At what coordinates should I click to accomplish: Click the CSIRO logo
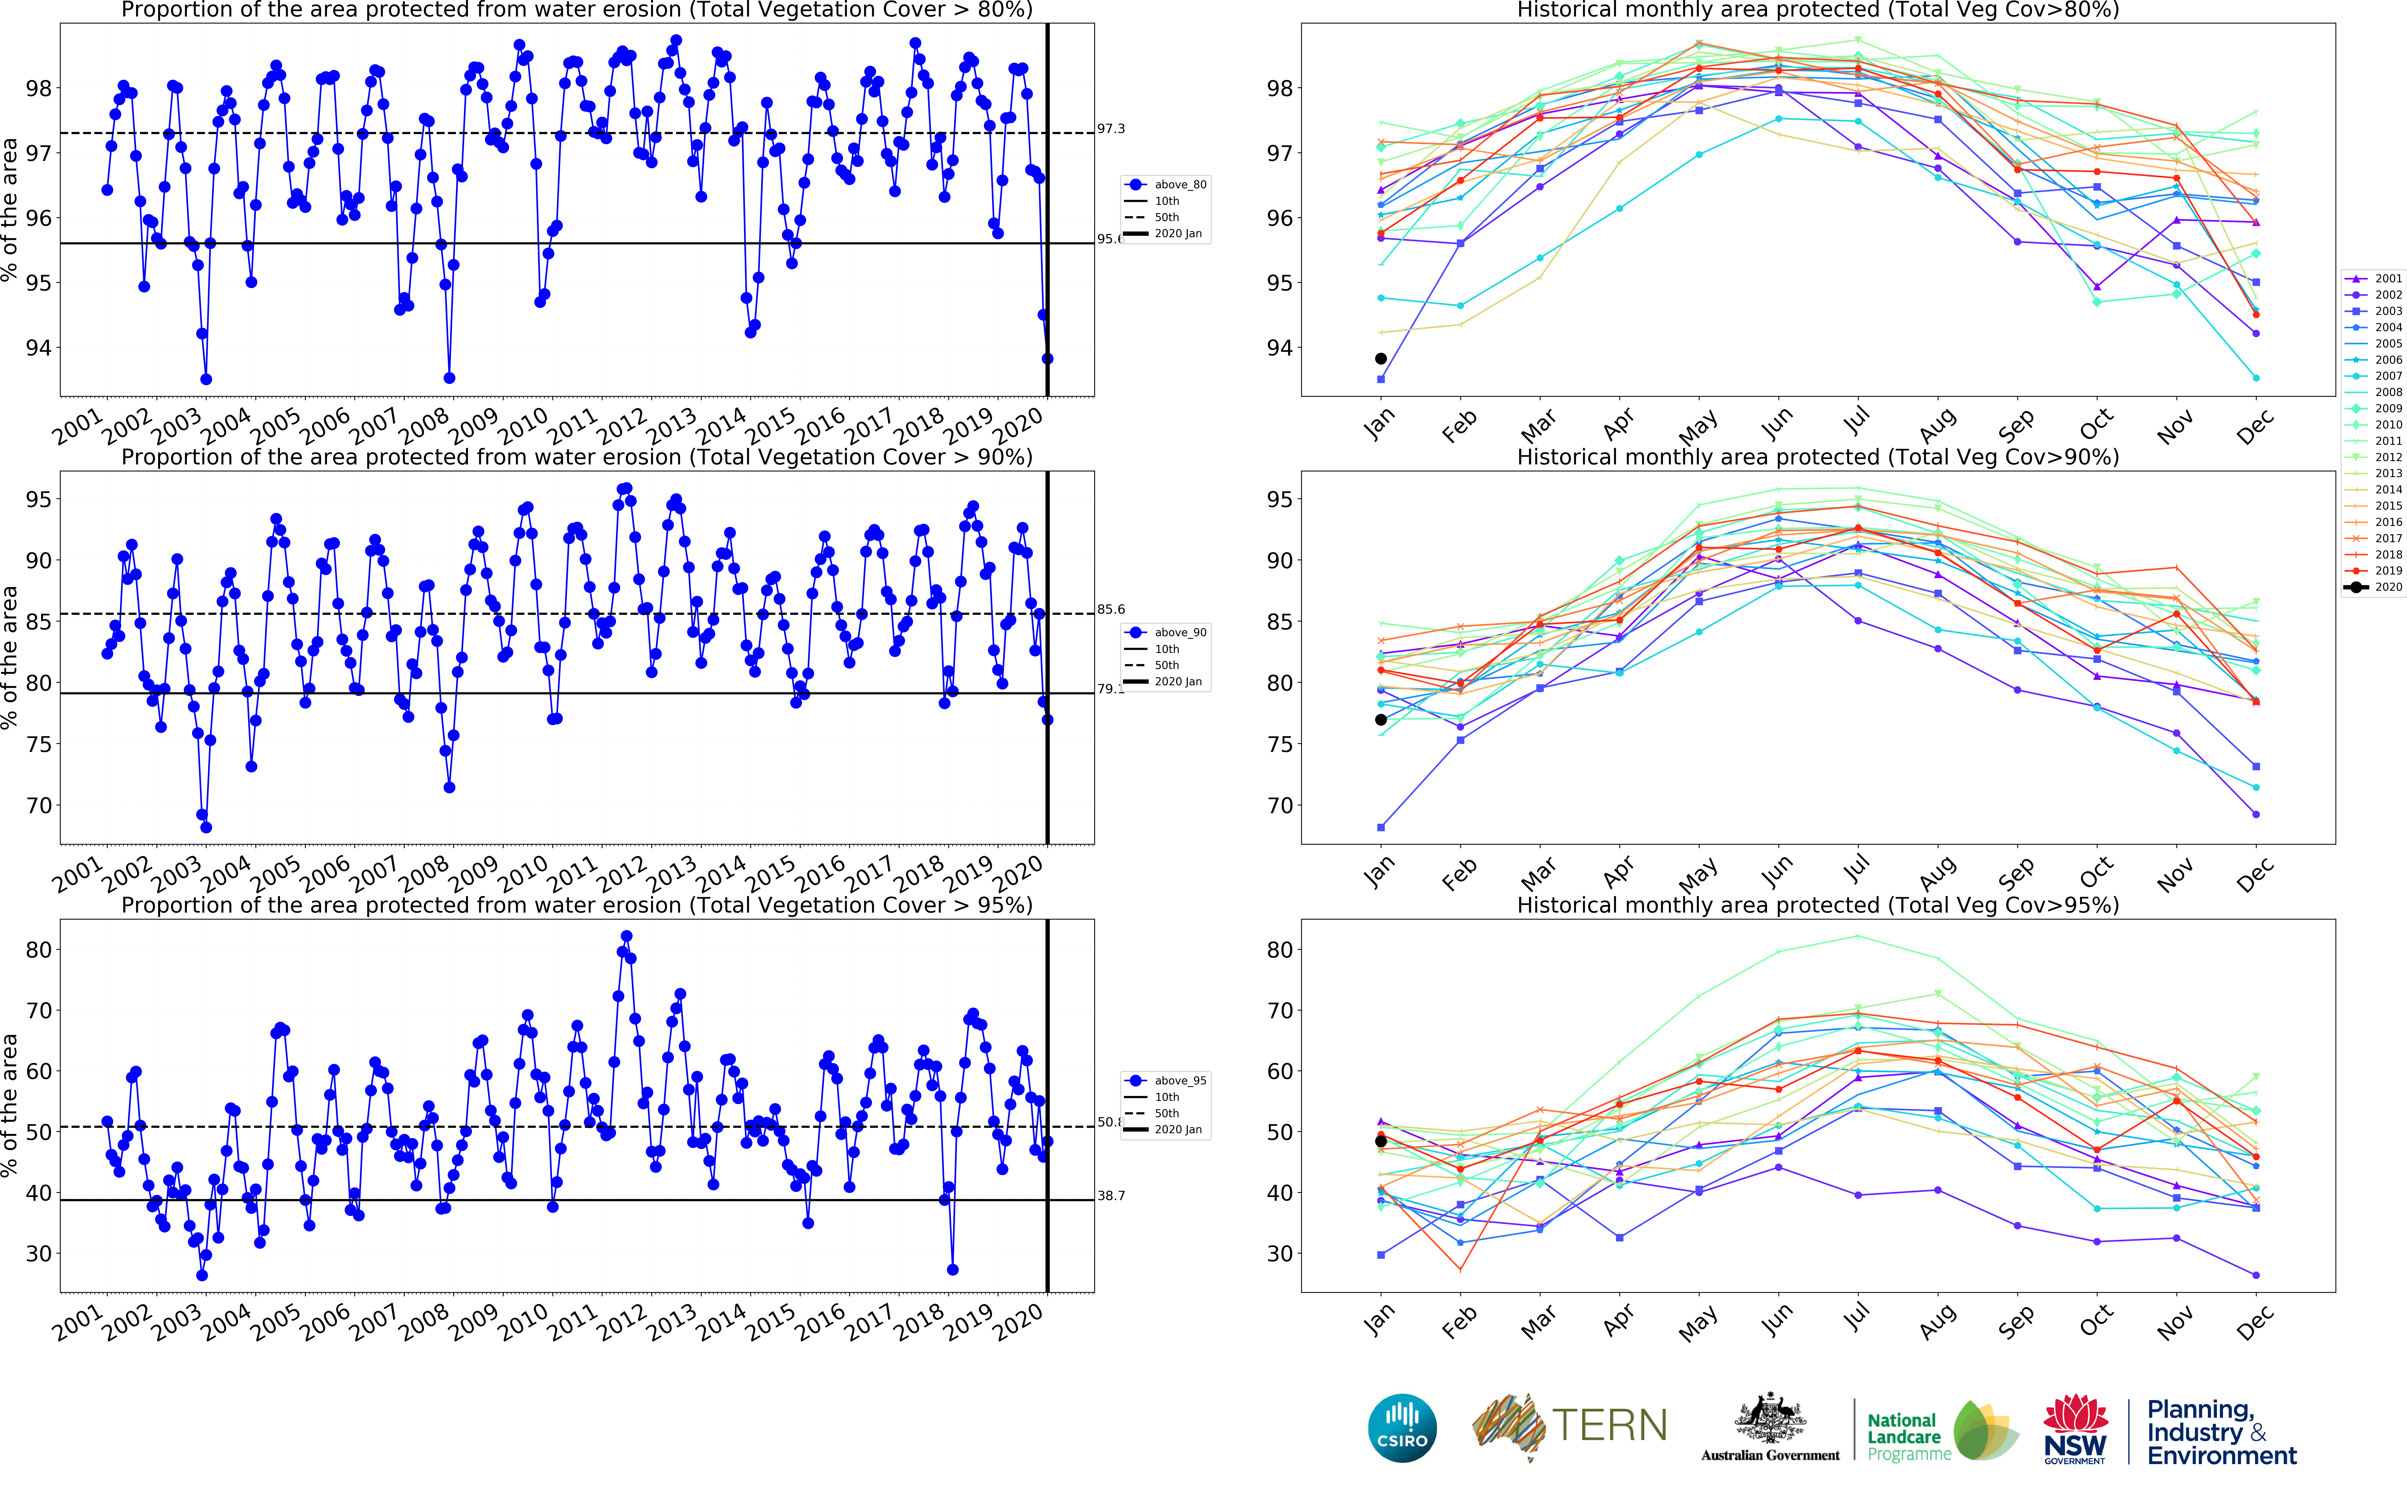(1402, 1428)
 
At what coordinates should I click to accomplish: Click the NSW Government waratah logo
(2076, 1428)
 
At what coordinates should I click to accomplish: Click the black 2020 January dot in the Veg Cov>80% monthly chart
(1381, 359)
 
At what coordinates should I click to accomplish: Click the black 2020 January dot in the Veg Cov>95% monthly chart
(1381, 1142)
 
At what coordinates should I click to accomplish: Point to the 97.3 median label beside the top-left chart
(1111, 129)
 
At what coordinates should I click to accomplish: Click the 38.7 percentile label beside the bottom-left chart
(1111, 1196)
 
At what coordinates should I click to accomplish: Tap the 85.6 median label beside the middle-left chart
(1111, 610)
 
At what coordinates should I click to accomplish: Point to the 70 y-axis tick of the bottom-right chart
(1278, 1011)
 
